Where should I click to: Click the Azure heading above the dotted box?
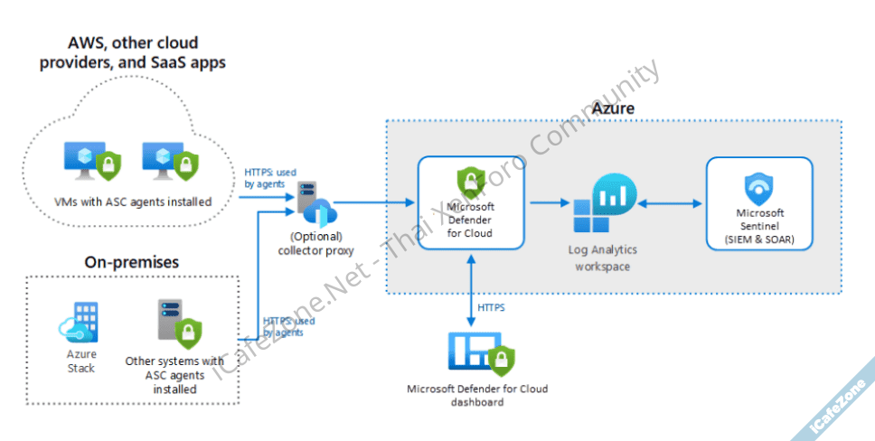tap(613, 108)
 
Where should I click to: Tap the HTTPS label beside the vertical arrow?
tap(491, 307)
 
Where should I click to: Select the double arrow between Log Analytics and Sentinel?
tap(671, 205)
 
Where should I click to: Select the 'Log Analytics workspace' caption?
tap(603, 258)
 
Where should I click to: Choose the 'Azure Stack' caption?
tap(81, 361)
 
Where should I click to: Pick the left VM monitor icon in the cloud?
tap(89, 162)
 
